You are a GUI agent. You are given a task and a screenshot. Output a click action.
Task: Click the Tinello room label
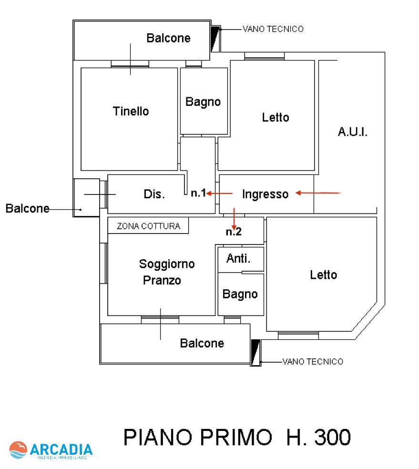(131, 112)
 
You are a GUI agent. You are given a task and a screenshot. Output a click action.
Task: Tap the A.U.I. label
(353, 132)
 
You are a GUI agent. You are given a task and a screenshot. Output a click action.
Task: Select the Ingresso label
(265, 194)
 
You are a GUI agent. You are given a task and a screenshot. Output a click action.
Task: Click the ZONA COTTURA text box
(148, 226)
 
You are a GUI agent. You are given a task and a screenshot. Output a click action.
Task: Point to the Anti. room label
(238, 258)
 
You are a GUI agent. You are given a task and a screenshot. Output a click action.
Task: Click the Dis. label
(154, 194)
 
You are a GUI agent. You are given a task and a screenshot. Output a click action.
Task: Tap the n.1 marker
(198, 194)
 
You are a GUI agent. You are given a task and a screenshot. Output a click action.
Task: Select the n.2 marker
(234, 232)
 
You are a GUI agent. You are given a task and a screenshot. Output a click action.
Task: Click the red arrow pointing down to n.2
(234, 218)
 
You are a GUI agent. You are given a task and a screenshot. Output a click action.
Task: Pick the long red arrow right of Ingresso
(318, 193)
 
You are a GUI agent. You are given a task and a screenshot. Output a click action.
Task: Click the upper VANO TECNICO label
(273, 29)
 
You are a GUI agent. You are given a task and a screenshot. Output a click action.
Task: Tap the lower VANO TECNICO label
(312, 362)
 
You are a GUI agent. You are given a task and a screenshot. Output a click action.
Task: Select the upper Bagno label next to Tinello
(203, 102)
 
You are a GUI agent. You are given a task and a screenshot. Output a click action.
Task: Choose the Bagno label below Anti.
(240, 294)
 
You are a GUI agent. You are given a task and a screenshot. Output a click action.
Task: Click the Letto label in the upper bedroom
(276, 117)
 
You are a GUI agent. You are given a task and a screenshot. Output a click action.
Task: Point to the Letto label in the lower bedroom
(323, 275)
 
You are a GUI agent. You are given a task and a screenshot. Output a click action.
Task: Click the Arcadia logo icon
(18, 450)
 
